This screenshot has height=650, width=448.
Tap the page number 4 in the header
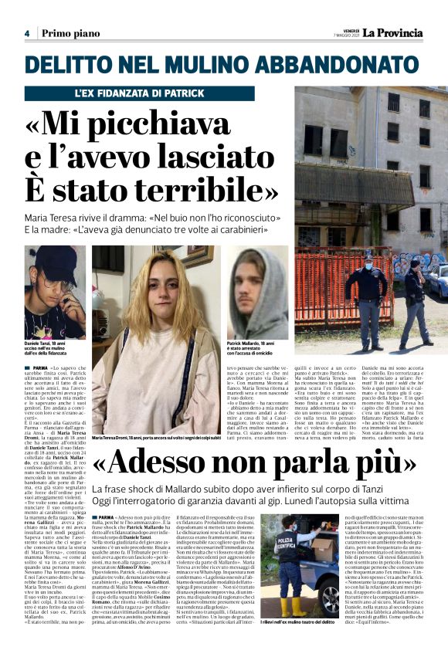[26, 34]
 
